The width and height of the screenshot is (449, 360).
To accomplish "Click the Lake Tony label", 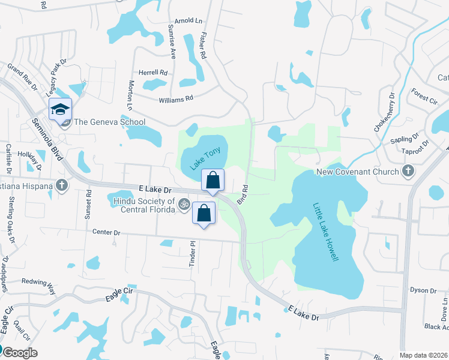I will pos(203,158).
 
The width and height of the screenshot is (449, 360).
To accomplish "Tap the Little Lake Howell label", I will pos(326,232).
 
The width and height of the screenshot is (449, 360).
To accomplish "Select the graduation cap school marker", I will pos(59,109).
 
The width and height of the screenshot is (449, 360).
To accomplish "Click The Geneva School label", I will pos(109,122).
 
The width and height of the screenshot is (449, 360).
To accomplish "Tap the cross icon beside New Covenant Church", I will pos(408,172).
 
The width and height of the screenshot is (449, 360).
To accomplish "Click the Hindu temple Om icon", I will pos(184,205).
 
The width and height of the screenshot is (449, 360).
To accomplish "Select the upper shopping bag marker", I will pos(212,179).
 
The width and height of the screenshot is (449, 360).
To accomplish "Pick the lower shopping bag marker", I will pos(203,213).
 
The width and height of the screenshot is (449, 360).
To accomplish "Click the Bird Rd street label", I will pos(243,194).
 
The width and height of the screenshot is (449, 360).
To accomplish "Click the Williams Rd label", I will pos(176,98).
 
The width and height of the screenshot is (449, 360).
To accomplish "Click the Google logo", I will pos(20,352).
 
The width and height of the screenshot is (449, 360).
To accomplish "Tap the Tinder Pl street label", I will pos(193,255).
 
